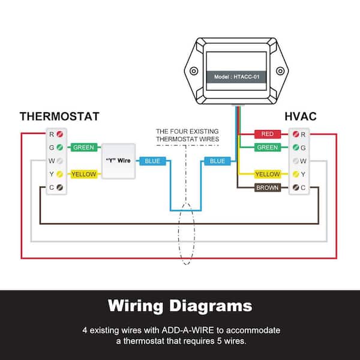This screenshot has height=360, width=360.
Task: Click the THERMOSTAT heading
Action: point(59,116)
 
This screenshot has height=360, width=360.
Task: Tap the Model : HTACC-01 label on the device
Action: point(237,77)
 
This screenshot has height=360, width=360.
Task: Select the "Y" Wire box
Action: point(118,161)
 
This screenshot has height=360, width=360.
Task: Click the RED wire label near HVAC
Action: point(268,134)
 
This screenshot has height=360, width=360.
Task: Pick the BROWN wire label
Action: point(268,188)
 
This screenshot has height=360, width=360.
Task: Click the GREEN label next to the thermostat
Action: point(85,147)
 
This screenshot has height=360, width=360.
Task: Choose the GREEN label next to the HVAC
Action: point(268,147)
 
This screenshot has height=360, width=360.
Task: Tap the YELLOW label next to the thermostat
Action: point(85,174)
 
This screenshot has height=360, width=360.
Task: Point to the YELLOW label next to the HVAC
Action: point(268,174)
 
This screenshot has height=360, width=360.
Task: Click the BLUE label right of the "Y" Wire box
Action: point(152,161)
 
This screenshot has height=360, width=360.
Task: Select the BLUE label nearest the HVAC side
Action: point(217,161)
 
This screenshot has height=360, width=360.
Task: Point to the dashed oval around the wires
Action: point(186,234)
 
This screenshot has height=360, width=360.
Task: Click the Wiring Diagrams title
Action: point(180,306)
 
